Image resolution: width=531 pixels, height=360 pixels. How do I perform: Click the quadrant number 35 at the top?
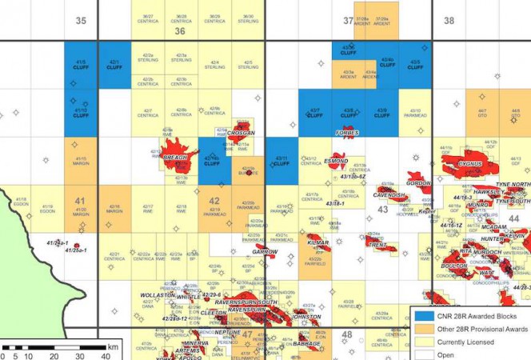coord(80,21)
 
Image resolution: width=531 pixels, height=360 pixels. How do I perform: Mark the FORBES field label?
coord(347,132)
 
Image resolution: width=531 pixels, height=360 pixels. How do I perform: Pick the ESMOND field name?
coord(336,161)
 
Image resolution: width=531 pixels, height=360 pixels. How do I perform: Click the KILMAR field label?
coord(317,241)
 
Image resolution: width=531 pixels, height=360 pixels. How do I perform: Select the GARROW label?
coord(265,251)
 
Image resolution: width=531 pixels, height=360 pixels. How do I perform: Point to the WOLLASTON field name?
coord(158,295)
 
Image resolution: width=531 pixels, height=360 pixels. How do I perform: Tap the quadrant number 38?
coord(449,21)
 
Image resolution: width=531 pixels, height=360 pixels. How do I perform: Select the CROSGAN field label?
coord(241,133)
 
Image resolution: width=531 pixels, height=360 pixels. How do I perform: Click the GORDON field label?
coord(418,183)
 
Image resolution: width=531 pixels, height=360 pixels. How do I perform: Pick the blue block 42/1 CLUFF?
coord(114,64)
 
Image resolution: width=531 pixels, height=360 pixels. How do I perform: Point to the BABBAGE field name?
coord(306,343)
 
